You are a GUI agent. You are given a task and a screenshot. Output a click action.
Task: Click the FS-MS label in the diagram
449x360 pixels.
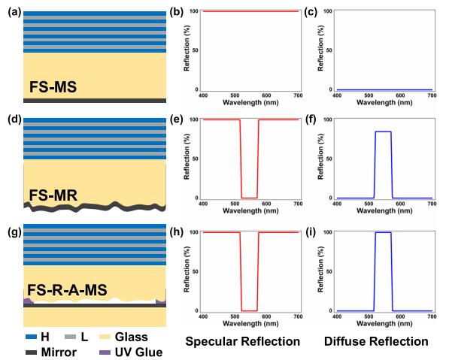pos(53,87)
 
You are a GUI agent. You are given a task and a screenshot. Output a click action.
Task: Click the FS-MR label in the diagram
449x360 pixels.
pos(53,195)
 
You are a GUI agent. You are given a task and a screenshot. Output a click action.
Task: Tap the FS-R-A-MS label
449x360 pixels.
pos(67,289)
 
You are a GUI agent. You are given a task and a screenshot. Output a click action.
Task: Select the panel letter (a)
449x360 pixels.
pos(15,12)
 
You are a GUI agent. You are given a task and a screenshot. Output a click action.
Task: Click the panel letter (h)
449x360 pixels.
pos(177,232)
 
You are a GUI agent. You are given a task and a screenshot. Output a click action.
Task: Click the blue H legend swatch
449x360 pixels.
pos(32,337)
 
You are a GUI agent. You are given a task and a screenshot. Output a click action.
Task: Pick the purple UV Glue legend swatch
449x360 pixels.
pos(105,352)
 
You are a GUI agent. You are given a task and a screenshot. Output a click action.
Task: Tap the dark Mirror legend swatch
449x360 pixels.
pos(32,352)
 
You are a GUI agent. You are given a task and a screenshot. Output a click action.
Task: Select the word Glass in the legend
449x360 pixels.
pos(132,337)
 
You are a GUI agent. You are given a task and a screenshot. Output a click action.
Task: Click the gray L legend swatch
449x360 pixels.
pos(71,337)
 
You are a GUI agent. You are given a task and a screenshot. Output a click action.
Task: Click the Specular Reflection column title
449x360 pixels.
pos(242,341)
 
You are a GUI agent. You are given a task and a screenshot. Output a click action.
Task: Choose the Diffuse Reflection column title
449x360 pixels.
pos(376,341)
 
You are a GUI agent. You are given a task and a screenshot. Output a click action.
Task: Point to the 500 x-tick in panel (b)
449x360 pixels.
pos(235,95)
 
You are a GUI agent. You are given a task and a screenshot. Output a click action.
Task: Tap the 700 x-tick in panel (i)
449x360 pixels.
pos(432,316)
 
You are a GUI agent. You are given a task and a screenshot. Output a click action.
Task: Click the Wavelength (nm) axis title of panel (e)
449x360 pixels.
pos(250,211)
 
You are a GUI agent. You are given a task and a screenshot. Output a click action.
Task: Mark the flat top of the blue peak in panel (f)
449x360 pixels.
pos(383,132)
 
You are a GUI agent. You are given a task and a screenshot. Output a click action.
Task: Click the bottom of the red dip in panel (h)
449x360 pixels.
pos(250,311)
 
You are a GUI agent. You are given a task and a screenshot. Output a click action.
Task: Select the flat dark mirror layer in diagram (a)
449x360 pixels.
pos(95,101)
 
